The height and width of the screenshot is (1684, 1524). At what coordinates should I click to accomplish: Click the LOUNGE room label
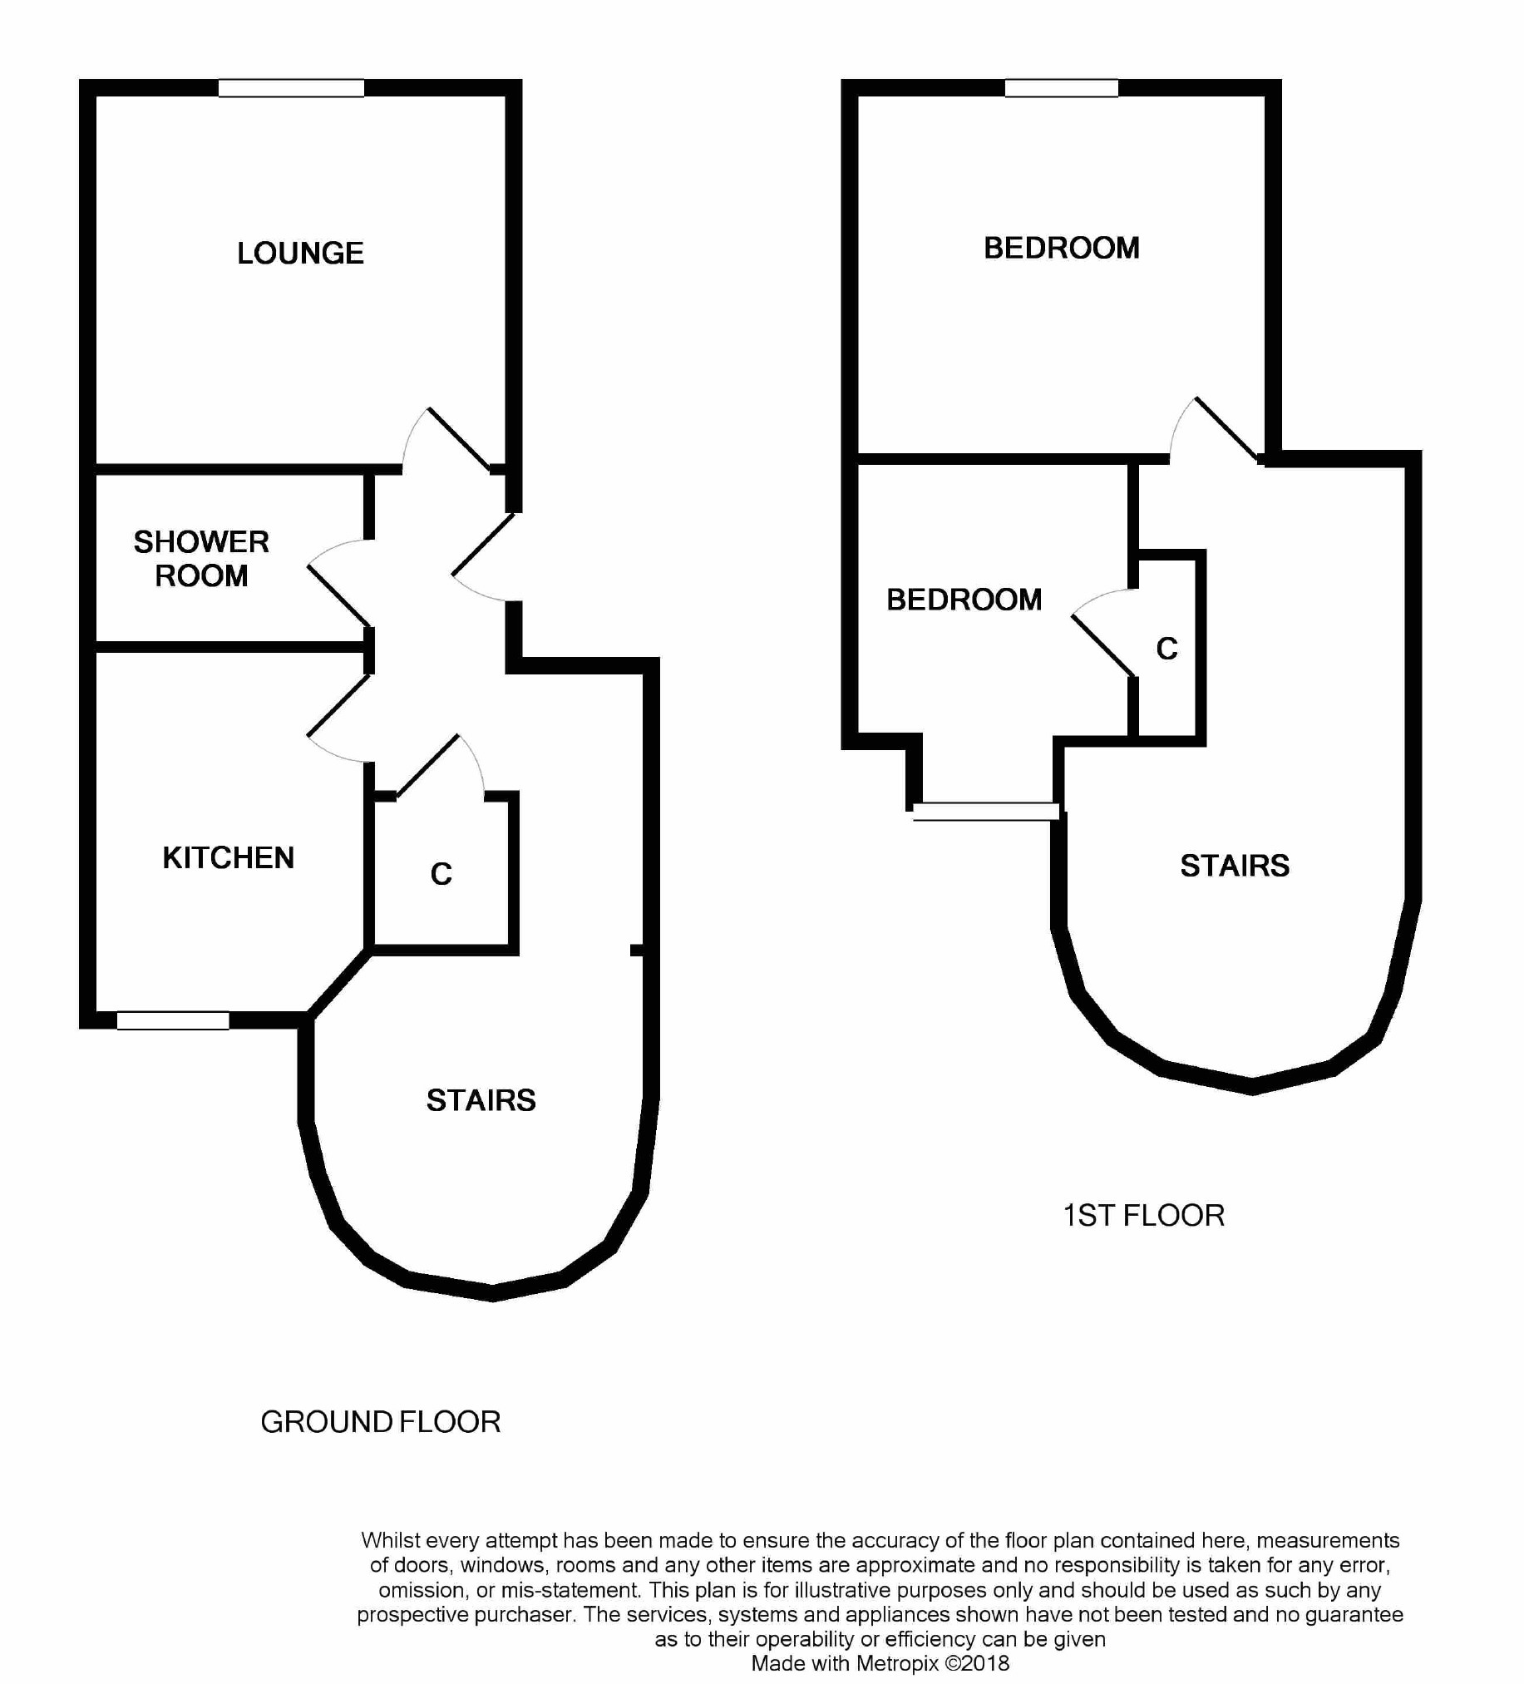300,253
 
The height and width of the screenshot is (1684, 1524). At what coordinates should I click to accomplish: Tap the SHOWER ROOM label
201,559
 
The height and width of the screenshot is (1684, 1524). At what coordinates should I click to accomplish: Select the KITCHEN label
228,858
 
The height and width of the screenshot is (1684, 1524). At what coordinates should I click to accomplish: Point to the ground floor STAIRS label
481,1100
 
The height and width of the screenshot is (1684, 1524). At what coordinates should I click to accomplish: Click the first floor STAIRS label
1234,866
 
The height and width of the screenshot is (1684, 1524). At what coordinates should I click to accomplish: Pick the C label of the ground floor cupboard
441,874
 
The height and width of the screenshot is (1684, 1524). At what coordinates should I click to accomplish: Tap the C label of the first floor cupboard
1166,648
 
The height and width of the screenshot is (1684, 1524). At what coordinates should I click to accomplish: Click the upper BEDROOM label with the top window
1062,248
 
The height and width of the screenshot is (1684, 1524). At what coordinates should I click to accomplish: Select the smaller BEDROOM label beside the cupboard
964,600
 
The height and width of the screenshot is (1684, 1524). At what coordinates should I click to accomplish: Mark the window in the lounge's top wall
292,87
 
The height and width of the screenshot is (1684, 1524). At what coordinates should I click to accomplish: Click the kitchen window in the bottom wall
173,1020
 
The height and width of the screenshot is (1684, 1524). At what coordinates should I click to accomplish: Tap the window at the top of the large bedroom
1062,87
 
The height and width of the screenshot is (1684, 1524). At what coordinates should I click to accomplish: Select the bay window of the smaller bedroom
986,811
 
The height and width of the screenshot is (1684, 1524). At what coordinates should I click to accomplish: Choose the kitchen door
339,719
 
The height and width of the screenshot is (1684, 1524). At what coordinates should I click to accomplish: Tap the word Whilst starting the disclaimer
389,1539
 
